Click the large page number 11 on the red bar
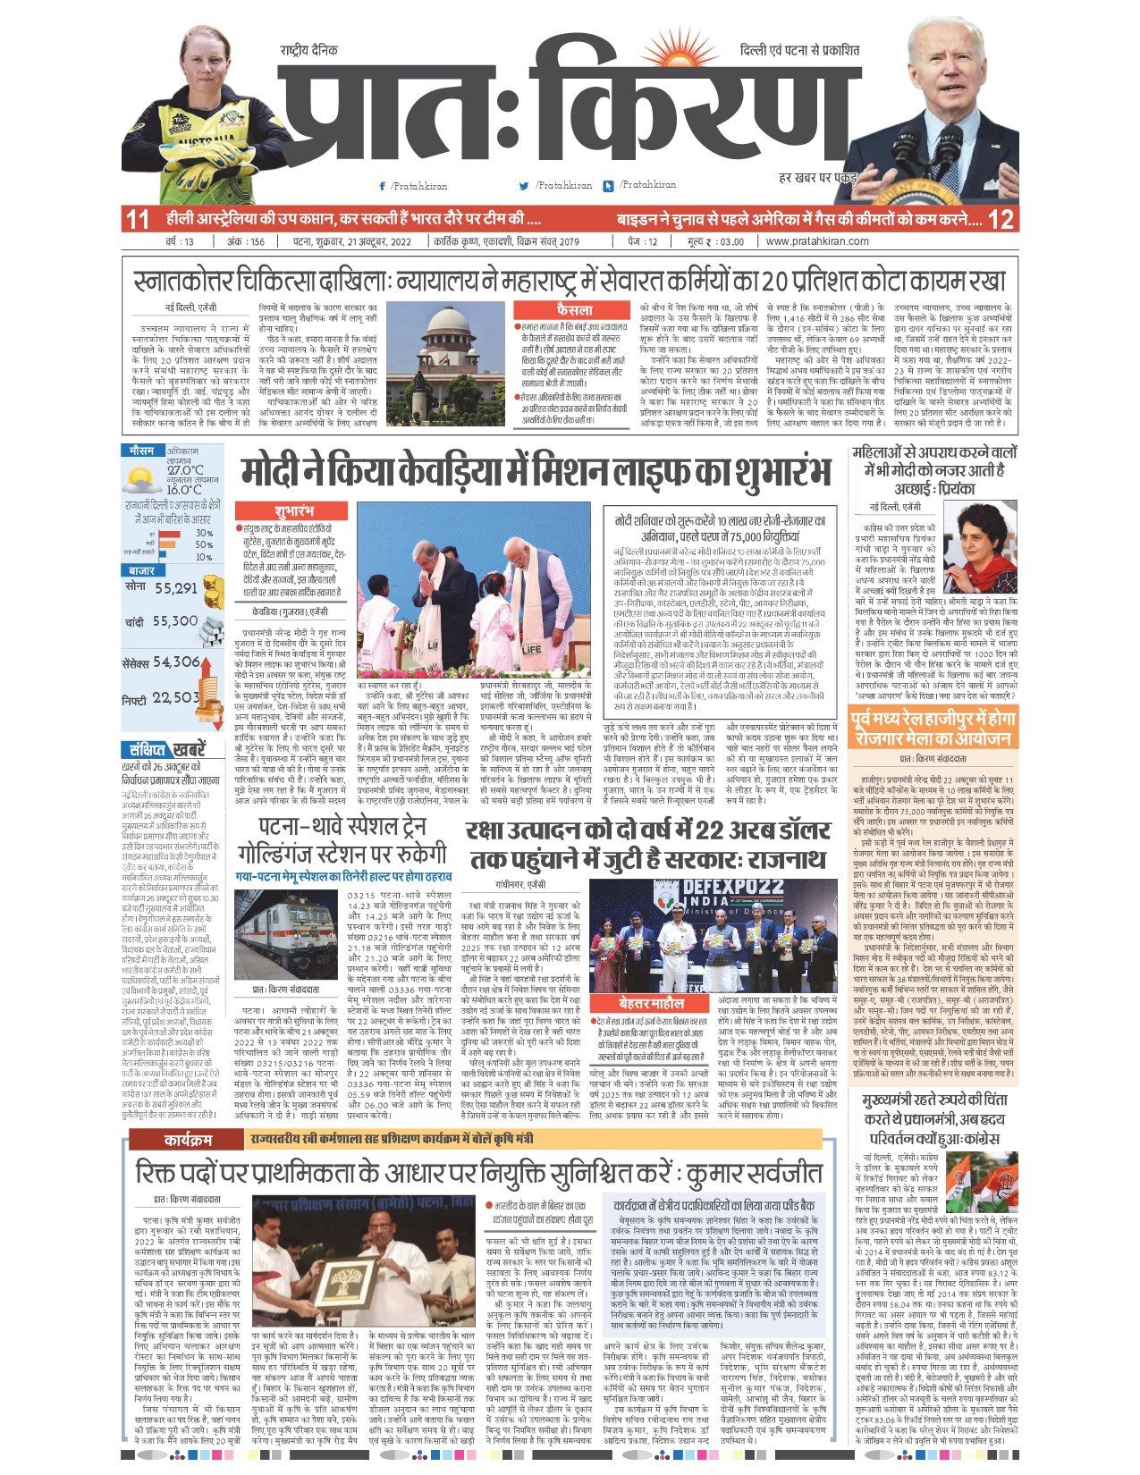(137, 219)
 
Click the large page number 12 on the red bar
(1002, 219)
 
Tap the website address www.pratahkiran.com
(817, 241)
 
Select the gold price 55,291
(174, 588)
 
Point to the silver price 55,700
(174, 621)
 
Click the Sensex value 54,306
(176, 662)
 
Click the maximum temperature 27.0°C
(185, 470)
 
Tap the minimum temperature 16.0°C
(184, 490)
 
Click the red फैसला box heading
(573, 310)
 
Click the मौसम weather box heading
(142, 449)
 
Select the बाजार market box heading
(141, 570)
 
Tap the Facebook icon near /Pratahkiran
(384, 186)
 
